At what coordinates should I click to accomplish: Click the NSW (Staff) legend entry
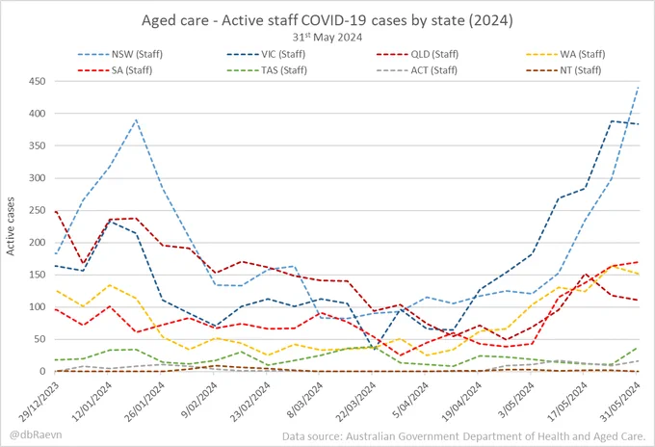119,54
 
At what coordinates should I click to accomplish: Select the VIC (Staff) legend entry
266,54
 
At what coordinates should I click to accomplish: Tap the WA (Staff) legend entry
565,54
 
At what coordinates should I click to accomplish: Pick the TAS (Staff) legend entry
267,70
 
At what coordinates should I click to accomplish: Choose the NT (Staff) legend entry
563,70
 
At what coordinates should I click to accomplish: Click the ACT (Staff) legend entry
417,70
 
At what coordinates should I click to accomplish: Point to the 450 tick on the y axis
37,82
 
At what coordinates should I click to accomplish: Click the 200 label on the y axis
37,243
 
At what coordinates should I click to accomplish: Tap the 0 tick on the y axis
42,371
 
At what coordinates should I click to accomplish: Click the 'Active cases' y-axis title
11,226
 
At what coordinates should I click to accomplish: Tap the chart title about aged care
327,20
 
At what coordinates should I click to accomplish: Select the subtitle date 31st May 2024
327,38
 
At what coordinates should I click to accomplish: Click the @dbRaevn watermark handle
36,434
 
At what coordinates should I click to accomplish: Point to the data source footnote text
464,436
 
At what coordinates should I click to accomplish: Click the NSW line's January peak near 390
136,119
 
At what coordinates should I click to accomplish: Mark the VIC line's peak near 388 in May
611,121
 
